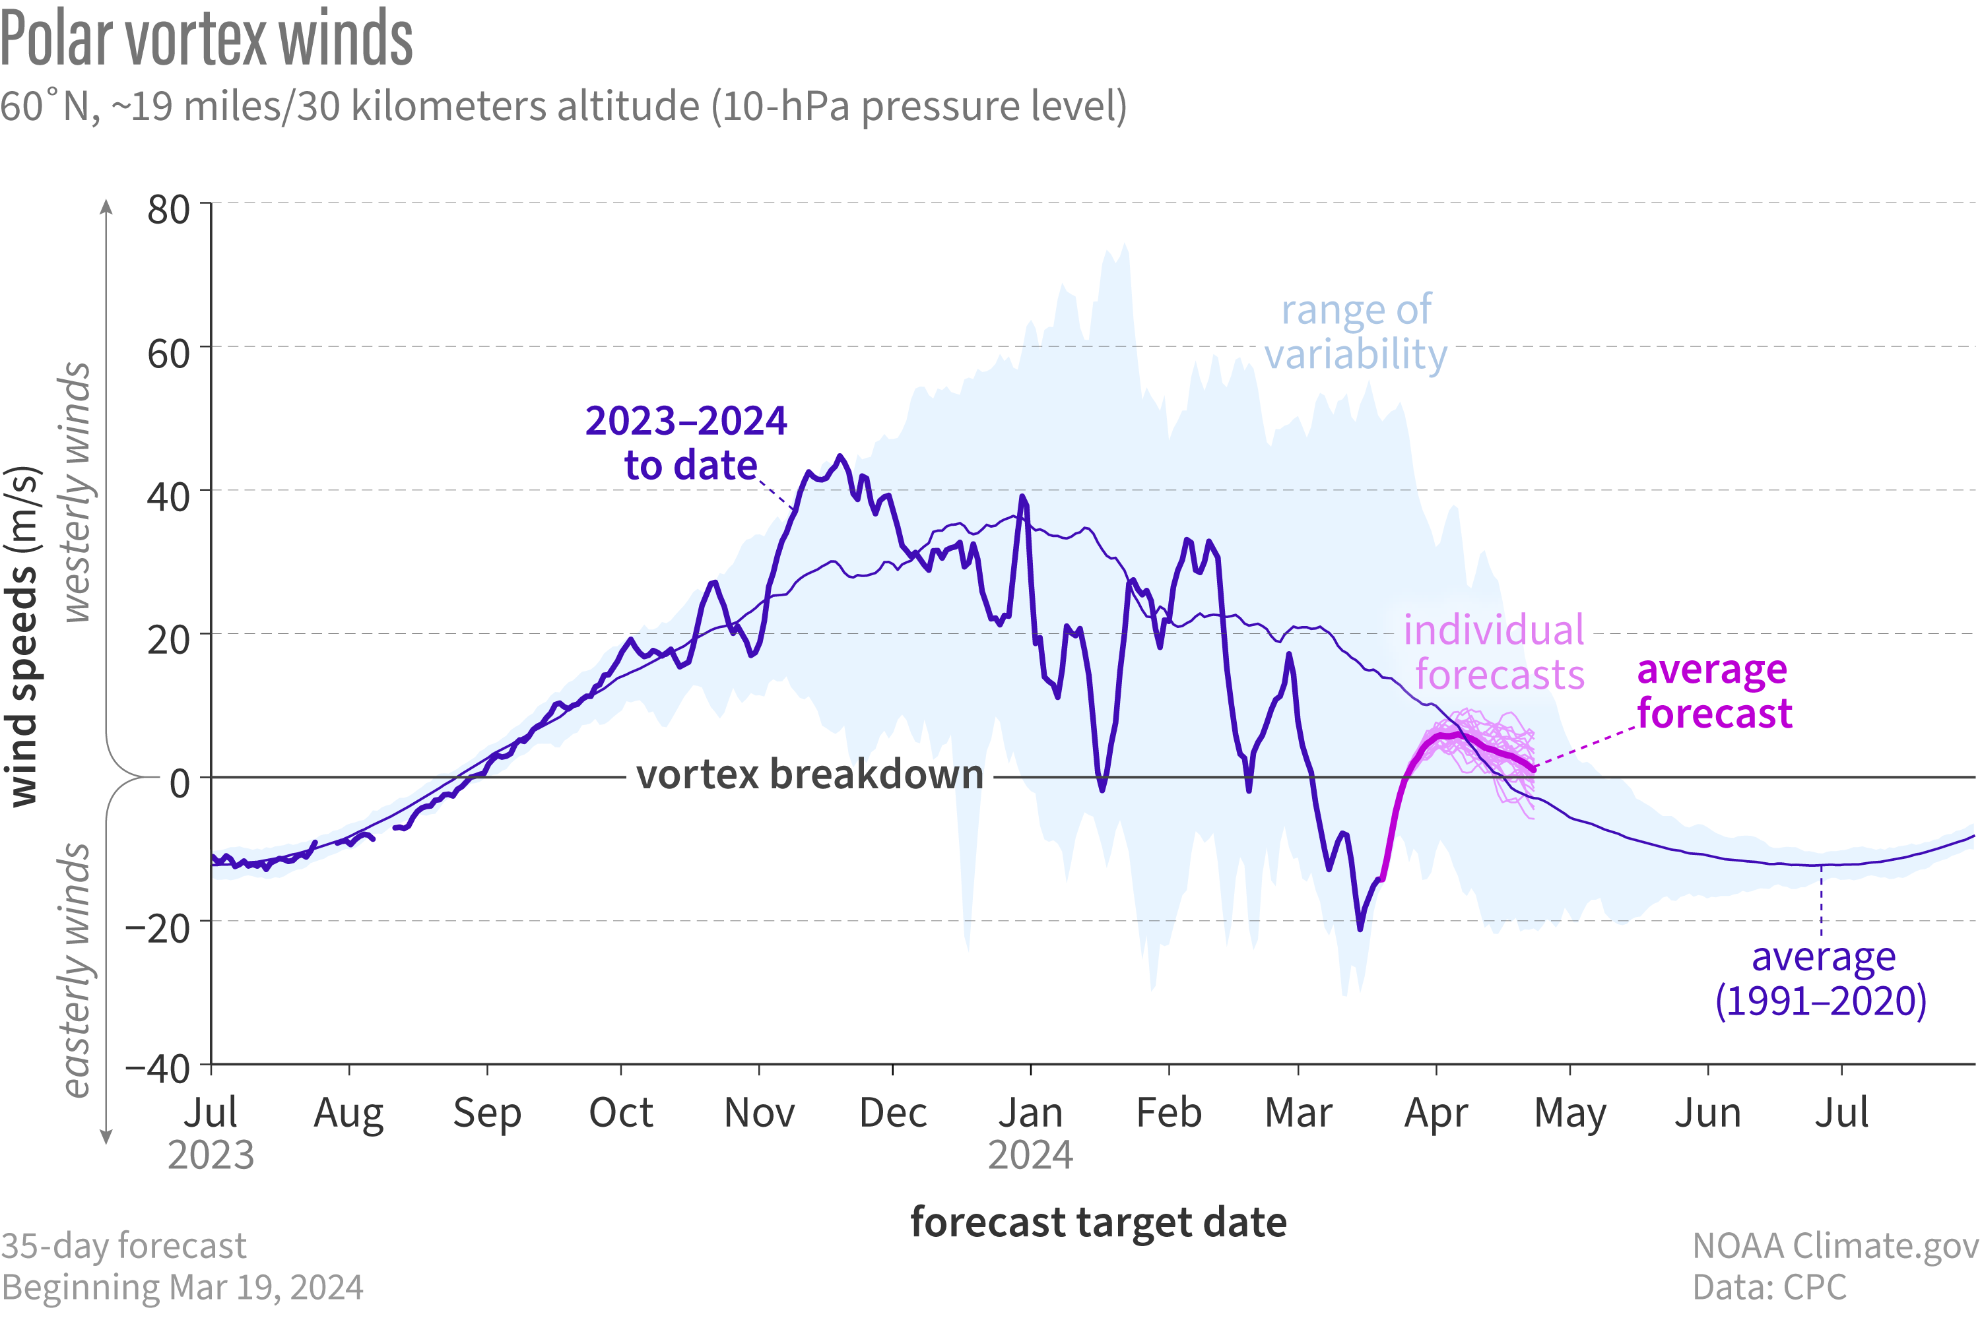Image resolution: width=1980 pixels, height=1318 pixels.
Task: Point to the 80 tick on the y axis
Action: click(x=168, y=209)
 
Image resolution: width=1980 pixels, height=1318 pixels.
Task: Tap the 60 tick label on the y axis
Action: click(x=168, y=353)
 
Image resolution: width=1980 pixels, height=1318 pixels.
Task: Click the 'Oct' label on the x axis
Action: click(x=620, y=1113)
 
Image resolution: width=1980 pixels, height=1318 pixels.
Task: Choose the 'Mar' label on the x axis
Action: click(x=1298, y=1113)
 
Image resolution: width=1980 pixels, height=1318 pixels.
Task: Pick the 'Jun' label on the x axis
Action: click(x=1707, y=1113)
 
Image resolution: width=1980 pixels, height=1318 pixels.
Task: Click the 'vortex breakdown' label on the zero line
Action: click(x=810, y=774)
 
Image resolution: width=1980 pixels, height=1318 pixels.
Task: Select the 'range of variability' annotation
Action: click(x=1356, y=332)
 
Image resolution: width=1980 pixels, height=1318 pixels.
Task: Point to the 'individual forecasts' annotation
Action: click(x=1495, y=652)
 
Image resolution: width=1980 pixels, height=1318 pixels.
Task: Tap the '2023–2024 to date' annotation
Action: click(x=687, y=443)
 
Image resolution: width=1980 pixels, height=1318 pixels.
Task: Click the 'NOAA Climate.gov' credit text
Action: click(x=1835, y=1245)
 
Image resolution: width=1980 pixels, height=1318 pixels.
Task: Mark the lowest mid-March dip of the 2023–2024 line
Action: click(x=1360, y=929)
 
